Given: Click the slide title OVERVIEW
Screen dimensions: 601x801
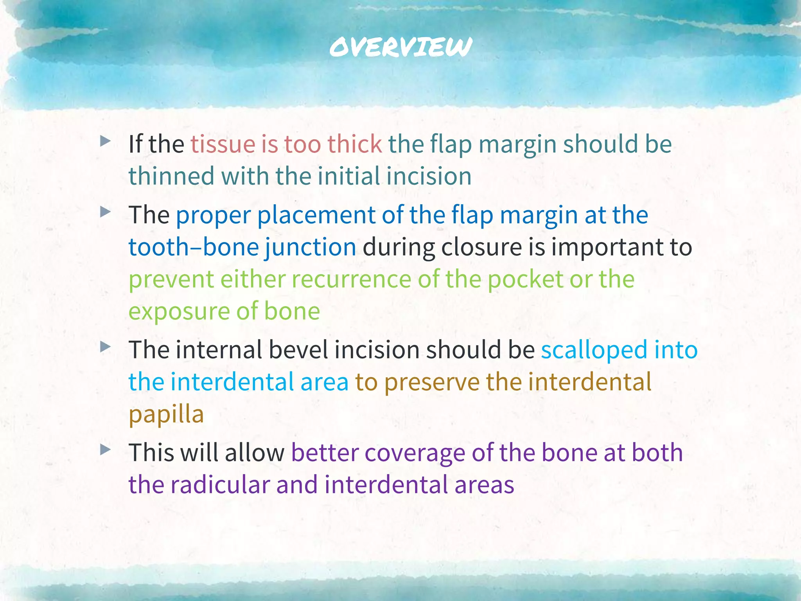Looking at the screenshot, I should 400,47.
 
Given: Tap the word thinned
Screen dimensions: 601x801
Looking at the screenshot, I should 171,176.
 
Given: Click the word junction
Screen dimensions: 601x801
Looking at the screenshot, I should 310,248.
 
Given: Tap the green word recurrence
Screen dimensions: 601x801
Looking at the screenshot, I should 351,280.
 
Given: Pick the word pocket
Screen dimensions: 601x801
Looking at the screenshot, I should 525,280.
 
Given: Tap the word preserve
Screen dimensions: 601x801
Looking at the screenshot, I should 432,382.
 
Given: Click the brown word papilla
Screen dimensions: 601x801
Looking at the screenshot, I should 166,415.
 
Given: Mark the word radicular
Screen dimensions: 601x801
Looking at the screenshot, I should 220,485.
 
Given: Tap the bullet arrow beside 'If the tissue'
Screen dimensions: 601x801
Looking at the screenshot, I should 105,141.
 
